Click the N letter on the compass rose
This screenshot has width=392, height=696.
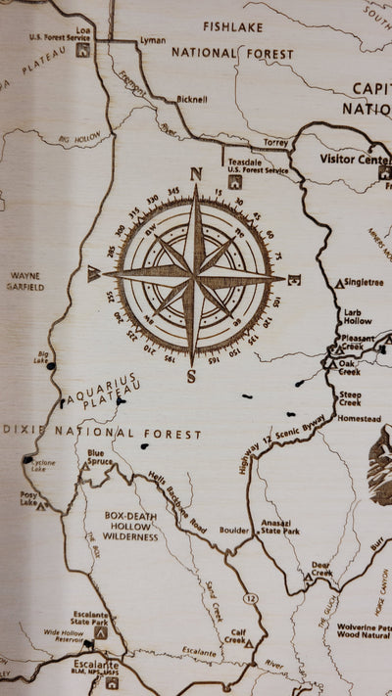(x=196, y=174)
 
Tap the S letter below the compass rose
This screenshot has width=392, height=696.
(x=192, y=375)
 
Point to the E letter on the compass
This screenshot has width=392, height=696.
(x=297, y=279)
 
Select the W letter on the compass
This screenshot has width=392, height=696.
(x=94, y=275)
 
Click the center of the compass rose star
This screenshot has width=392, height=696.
(x=196, y=276)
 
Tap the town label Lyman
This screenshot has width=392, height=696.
(x=153, y=41)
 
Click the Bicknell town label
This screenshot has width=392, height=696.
(x=192, y=99)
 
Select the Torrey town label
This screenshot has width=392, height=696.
(x=275, y=142)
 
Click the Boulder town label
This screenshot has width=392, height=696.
(x=234, y=531)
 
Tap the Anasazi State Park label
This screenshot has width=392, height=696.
(x=281, y=530)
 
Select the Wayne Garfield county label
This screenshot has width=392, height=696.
(x=26, y=282)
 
